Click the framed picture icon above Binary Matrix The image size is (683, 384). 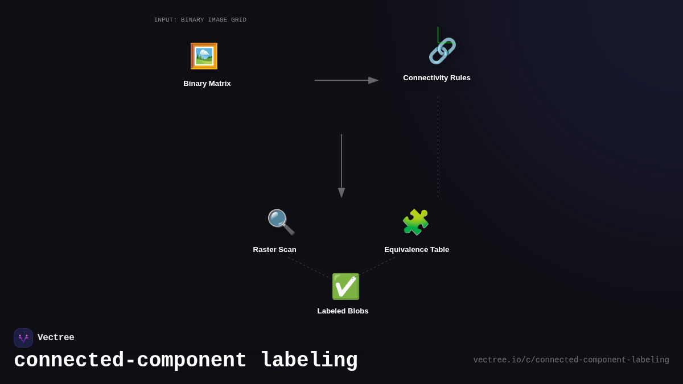pos(204,56)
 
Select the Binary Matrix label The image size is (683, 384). pos(207,84)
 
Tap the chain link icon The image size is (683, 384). pos(442,51)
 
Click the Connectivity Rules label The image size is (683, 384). pos(437,78)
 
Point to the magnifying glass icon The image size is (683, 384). pos(281,222)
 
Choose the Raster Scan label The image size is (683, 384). pos(274,250)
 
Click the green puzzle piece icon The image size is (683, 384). pos(415,222)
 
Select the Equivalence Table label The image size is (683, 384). pos(417,250)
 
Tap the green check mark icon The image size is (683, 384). pos(345,286)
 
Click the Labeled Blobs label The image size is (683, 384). pos(343,311)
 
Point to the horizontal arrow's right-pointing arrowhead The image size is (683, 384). pos(373,80)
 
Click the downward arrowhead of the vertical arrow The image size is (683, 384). pos(341,192)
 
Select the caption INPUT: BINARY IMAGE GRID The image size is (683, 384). pos(200,20)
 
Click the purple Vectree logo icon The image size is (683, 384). pos(23,338)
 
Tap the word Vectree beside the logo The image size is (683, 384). pos(56,338)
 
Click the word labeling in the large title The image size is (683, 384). pos(309,361)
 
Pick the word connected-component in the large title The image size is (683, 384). pos(130,361)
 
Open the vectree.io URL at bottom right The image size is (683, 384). pos(571,360)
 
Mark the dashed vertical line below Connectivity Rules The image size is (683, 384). pos(438,148)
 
